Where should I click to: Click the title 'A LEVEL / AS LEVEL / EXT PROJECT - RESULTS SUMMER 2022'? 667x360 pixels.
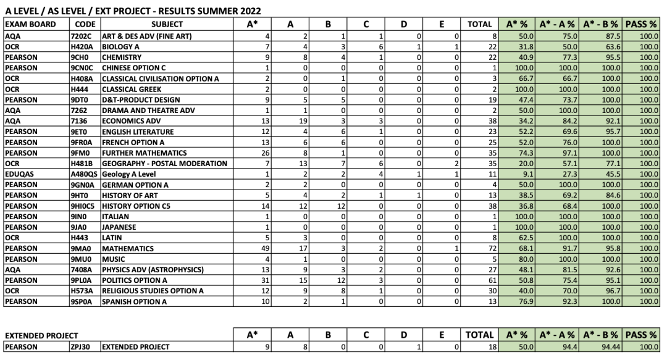coord(132,11)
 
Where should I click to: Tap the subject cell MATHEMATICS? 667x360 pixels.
coord(128,249)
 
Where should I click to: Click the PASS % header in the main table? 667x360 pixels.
coord(640,24)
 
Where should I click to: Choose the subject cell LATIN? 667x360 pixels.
coord(114,238)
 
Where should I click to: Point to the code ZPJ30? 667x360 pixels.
coord(81,347)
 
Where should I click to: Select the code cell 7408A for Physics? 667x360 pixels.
coord(82,270)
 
